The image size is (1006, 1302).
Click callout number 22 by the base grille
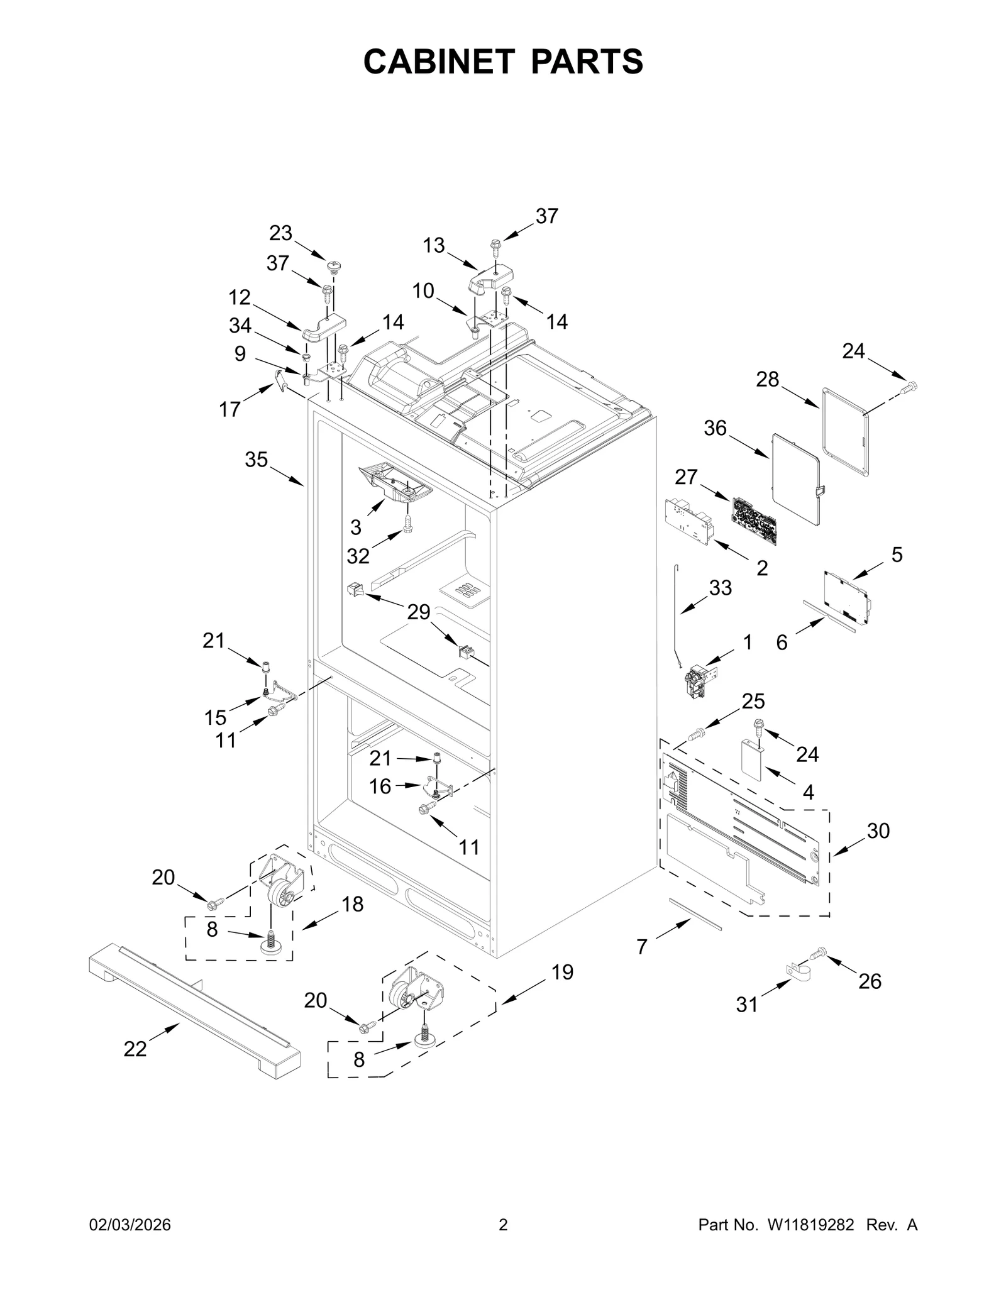[135, 1049]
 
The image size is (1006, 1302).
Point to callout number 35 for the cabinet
[257, 460]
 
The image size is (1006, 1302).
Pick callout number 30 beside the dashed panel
[878, 830]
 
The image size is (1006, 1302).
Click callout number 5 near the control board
[897, 554]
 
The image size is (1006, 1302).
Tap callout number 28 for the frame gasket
[768, 379]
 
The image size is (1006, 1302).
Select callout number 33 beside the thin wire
[721, 588]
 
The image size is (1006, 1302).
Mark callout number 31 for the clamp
[747, 1005]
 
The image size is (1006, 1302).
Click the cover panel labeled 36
[795, 480]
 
